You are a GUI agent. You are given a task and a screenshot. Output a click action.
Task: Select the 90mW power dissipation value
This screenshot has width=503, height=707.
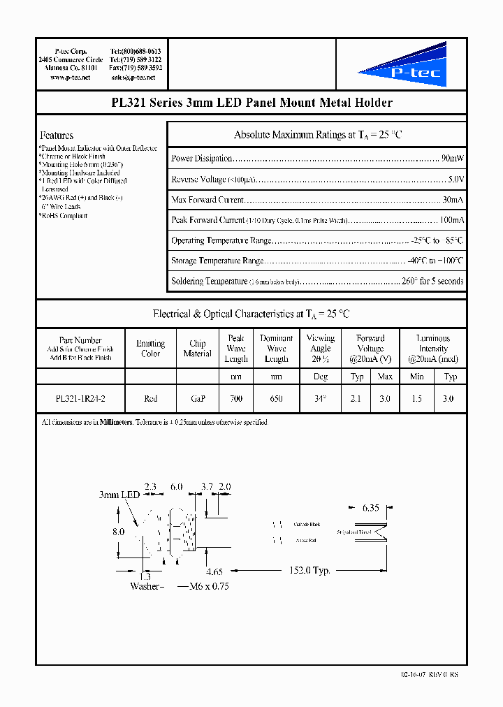coord(453,159)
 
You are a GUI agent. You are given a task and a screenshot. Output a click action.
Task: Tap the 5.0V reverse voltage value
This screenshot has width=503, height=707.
coord(455,180)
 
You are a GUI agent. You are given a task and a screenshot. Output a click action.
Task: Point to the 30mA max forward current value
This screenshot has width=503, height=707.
coord(452,200)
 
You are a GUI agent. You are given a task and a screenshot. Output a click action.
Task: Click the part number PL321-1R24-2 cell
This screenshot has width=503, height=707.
coord(80,398)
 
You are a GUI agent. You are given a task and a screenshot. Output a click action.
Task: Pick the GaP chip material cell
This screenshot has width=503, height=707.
coord(197,398)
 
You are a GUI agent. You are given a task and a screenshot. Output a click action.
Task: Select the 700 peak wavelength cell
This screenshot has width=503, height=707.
coord(236,398)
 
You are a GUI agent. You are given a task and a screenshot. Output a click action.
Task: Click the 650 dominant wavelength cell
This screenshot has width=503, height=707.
coord(276,398)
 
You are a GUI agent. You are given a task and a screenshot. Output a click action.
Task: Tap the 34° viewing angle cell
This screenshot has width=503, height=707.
coord(321,398)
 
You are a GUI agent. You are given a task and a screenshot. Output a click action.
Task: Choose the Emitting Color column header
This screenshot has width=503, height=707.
coord(150,349)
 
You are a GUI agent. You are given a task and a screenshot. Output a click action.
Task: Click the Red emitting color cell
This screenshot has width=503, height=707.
coord(150,398)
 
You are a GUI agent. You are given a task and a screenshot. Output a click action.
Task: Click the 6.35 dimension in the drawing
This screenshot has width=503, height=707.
coord(370,508)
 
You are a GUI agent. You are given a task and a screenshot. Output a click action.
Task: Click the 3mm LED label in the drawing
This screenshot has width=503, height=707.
coord(119,495)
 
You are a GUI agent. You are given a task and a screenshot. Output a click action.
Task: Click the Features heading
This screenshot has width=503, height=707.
coord(57,136)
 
